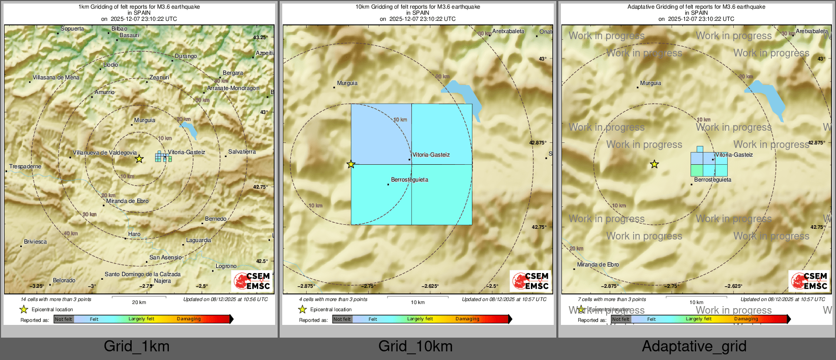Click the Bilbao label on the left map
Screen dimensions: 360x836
pos(120,29)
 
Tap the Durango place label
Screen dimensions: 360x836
pos(186,56)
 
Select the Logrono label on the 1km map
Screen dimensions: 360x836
pos(226,266)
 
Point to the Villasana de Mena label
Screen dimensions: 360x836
pos(56,77)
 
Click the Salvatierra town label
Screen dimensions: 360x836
pos(242,152)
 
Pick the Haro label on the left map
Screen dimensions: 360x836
pos(134,234)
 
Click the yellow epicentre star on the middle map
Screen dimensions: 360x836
pos(351,164)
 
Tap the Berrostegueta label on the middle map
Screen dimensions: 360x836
pos(409,179)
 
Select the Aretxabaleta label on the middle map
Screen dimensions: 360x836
pos(508,31)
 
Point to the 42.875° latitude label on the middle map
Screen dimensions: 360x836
pos(538,143)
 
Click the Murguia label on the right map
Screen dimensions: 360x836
pos(650,83)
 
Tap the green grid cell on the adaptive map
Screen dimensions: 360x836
pos(697,170)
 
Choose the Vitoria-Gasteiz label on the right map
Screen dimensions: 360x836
pos(734,155)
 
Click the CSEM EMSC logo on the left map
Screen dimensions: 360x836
pos(252,281)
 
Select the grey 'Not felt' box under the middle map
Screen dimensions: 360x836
pos(342,319)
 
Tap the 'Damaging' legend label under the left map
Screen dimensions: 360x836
pos(189,319)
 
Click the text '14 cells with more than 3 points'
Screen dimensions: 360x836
pos(56,299)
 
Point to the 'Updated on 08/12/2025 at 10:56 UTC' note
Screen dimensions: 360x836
pos(225,299)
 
